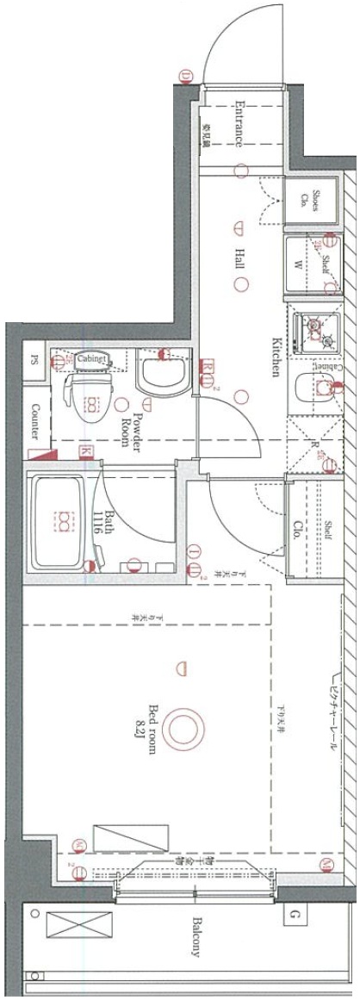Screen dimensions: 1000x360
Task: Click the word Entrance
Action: (x=241, y=124)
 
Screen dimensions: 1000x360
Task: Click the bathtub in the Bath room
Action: (x=62, y=519)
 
